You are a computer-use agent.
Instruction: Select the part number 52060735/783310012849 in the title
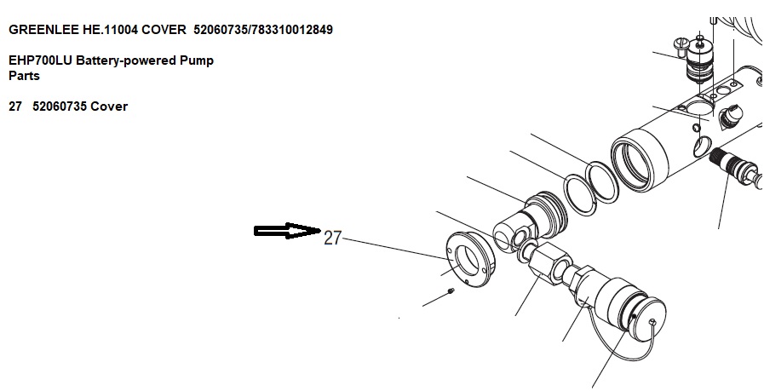263,30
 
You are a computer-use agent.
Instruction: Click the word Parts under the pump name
25,76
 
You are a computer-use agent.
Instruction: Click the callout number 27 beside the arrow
332,238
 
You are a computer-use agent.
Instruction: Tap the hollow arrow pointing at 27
287,231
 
